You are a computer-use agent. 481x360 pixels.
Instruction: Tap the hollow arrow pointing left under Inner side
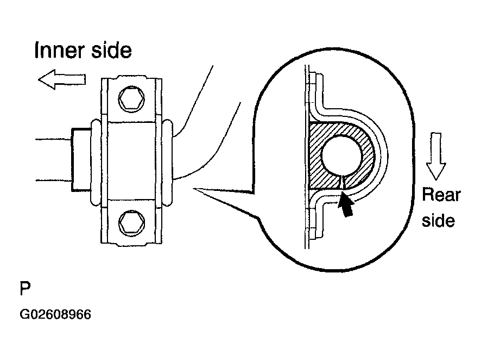click(62, 79)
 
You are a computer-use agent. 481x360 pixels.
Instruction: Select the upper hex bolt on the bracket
click(131, 99)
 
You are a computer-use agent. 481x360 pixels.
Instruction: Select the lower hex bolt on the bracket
click(131, 223)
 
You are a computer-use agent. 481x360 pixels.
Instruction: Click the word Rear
click(441, 195)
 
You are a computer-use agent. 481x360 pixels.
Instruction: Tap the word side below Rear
click(438, 221)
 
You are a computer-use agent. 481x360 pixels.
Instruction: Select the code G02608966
click(55, 314)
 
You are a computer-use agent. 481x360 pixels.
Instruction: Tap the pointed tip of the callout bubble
click(194, 189)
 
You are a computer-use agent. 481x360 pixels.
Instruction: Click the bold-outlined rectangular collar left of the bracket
click(81, 160)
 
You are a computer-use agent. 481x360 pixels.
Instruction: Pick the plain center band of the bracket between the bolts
click(131, 161)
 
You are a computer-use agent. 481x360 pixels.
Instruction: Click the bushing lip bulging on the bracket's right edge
click(168, 162)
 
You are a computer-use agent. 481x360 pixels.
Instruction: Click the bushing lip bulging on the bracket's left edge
click(96, 162)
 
